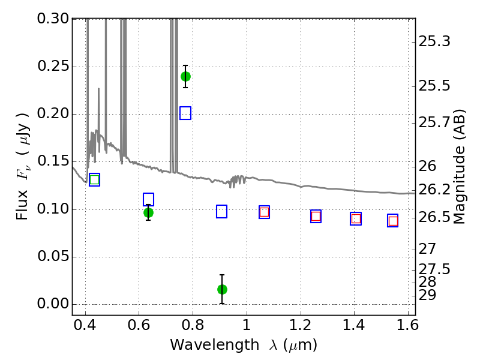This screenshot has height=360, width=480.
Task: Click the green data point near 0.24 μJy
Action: [185, 77]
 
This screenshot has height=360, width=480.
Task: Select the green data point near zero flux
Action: [222, 289]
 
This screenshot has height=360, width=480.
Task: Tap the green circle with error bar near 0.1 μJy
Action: [148, 212]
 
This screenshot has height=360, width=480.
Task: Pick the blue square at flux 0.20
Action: [185, 113]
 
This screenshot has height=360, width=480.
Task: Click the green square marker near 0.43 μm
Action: [95, 179]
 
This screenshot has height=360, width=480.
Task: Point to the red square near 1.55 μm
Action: [393, 221]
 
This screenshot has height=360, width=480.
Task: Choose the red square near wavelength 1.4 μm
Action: [356, 219]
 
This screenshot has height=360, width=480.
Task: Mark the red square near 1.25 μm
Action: [316, 217]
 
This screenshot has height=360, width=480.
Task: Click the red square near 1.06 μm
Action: [264, 212]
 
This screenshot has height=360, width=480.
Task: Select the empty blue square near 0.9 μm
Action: [221, 211]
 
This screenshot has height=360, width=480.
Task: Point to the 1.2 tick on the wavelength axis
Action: [301, 325]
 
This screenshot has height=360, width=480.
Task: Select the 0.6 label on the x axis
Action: [139, 325]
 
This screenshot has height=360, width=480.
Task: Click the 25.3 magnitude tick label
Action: [434, 41]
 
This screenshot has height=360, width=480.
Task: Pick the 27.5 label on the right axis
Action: [434, 269]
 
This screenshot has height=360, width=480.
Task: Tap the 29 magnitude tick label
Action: [427, 295]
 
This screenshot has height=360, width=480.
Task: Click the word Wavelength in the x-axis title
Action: [215, 345]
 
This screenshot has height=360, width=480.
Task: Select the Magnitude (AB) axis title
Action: [458, 167]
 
